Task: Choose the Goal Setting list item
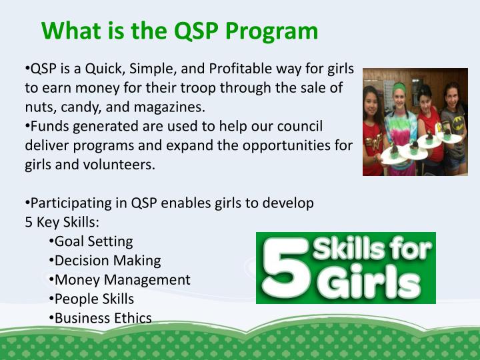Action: (x=93, y=241)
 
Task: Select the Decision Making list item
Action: (x=107, y=261)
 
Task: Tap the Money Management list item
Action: (x=122, y=280)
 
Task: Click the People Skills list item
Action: (x=94, y=299)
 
